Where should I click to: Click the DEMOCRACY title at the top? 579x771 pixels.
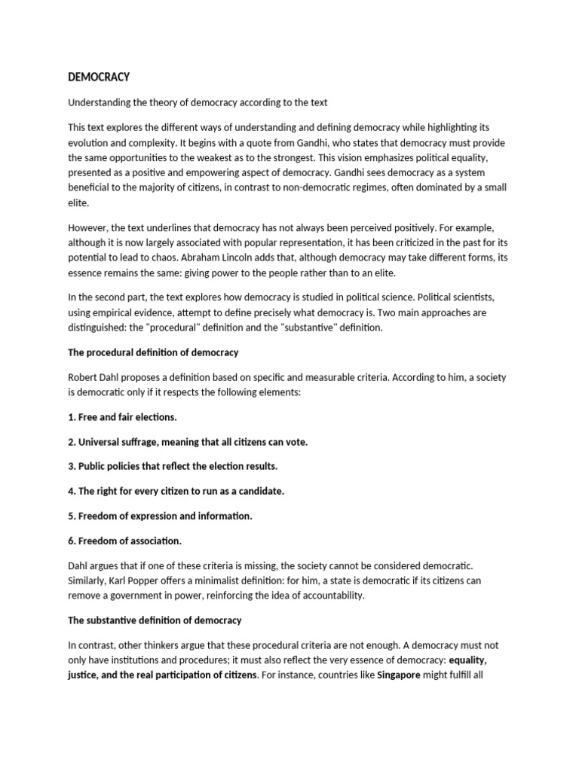click(99, 77)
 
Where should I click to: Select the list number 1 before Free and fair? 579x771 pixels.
click(71, 416)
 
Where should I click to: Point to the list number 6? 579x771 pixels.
click(71, 541)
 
